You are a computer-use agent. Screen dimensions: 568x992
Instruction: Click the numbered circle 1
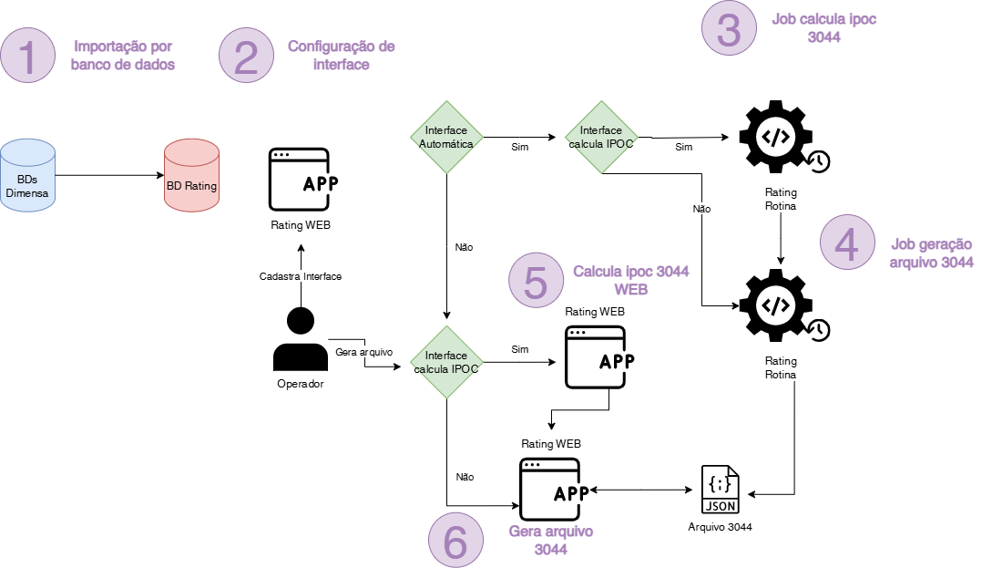click(30, 56)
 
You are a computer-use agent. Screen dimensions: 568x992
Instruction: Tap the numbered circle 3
click(730, 28)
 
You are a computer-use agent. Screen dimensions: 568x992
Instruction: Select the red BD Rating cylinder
click(191, 177)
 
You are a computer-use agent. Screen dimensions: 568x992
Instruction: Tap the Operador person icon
click(300, 339)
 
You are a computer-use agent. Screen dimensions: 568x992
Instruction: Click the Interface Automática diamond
click(447, 138)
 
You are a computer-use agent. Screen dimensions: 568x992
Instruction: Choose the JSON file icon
click(720, 491)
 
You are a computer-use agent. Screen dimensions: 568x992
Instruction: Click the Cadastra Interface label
click(300, 276)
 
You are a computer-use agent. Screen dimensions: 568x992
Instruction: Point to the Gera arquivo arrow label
click(363, 352)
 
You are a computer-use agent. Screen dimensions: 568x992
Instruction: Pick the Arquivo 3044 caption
click(721, 527)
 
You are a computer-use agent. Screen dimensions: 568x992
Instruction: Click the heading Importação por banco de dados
click(123, 55)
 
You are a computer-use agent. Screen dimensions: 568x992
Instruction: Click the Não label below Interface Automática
click(463, 246)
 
